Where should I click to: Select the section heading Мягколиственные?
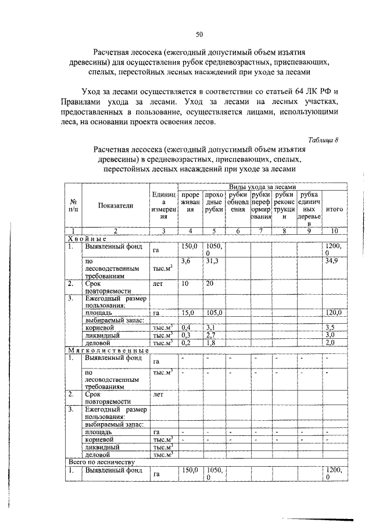(x=108, y=350)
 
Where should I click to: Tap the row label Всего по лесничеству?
(x=102, y=462)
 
